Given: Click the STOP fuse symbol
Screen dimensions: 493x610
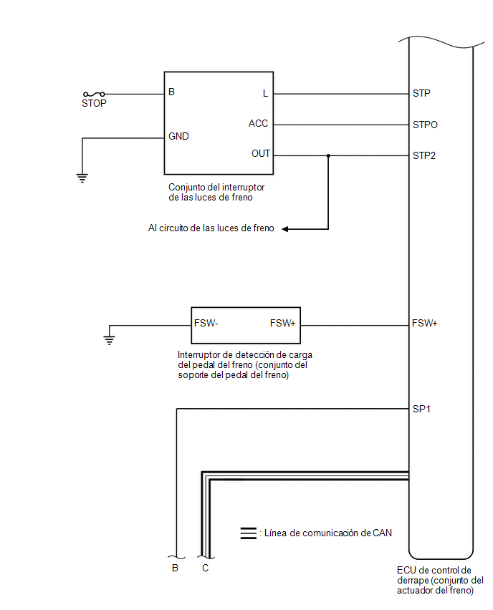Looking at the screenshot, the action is pyautogui.click(x=94, y=94).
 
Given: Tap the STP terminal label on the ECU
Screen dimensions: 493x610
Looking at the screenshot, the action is pyautogui.click(x=421, y=93).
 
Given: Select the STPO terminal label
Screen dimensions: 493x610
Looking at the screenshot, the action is pyautogui.click(x=425, y=125).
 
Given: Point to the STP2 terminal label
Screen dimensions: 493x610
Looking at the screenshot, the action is pyautogui.click(x=424, y=155).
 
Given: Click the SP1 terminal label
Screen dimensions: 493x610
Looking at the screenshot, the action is pyautogui.click(x=421, y=409).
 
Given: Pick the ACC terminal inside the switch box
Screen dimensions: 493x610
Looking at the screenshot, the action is pyautogui.click(x=258, y=123).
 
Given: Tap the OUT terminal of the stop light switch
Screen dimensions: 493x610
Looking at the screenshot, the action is pyautogui.click(x=261, y=154).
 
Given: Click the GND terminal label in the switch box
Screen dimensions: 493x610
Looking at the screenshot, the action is pyautogui.click(x=178, y=136).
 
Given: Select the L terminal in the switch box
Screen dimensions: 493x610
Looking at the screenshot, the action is pyautogui.click(x=265, y=93).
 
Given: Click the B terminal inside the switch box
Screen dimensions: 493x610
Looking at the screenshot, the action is pyautogui.click(x=171, y=92).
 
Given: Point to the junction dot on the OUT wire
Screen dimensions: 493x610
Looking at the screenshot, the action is pyautogui.click(x=328, y=155).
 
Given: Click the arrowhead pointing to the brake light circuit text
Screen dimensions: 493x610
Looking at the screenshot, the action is pyautogui.click(x=284, y=229).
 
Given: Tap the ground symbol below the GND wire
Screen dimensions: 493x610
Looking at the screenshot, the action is pyautogui.click(x=82, y=178).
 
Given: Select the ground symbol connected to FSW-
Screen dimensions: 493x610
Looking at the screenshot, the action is pyautogui.click(x=110, y=340).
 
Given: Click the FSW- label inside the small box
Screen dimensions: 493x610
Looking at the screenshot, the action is pyautogui.click(x=206, y=324).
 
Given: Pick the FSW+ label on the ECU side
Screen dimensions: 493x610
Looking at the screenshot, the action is pyautogui.click(x=424, y=324).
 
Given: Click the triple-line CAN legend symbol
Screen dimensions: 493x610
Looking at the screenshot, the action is pyautogui.click(x=249, y=533).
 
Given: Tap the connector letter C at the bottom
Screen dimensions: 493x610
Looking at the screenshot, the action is pyautogui.click(x=205, y=568).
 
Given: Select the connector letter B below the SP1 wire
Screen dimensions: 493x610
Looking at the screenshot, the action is pyautogui.click(x=176, y=568).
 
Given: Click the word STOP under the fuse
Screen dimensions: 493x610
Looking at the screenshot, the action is pyautogui.click(x=94, y=104).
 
